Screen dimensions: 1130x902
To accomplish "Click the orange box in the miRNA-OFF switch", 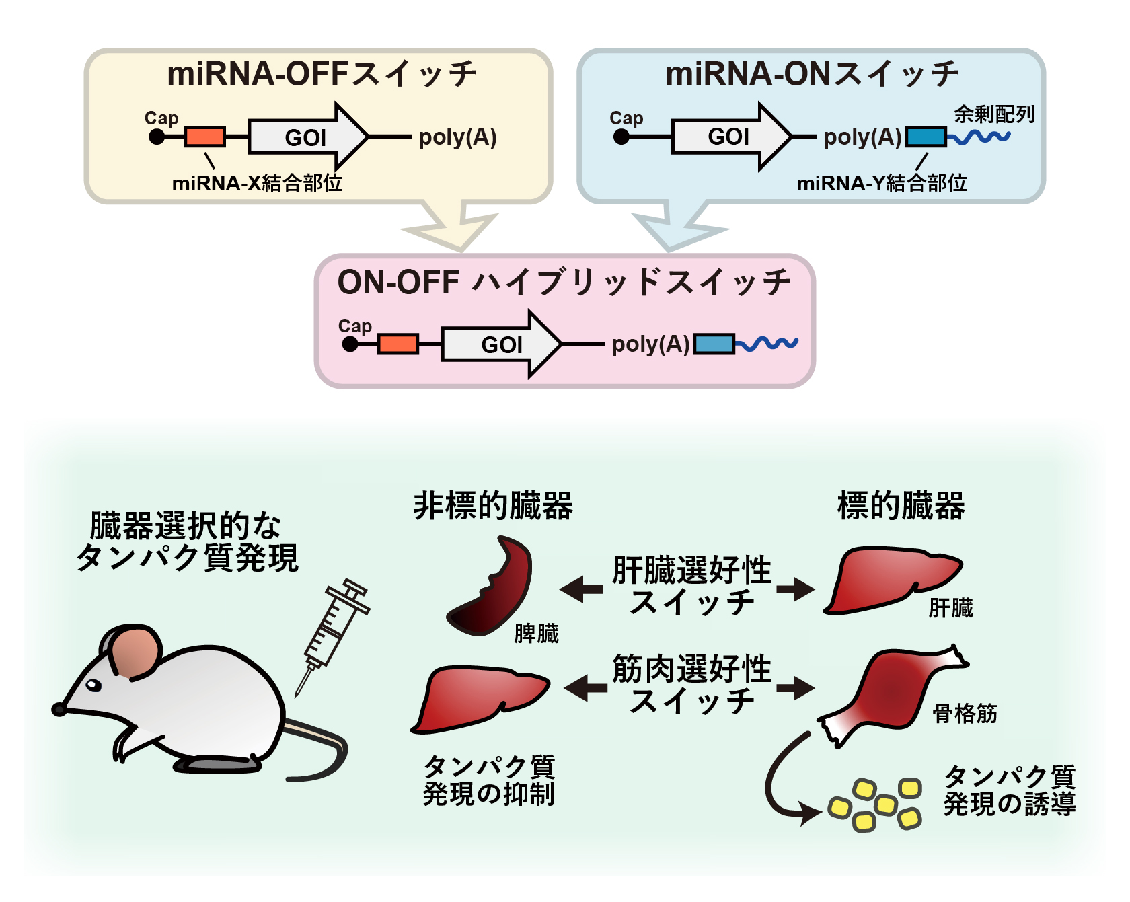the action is tap(204, 137).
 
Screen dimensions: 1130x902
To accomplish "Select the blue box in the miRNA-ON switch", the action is tap(926, 137).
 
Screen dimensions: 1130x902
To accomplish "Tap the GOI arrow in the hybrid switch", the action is tap(501, 344).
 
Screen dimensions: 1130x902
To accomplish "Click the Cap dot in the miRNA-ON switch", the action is tap(621, 137).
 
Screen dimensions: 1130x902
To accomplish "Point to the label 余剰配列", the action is tap(994, 114).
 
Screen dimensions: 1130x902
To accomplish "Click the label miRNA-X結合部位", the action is tap(257, 183).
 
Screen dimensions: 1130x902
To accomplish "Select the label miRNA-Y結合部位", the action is tap(882, 183).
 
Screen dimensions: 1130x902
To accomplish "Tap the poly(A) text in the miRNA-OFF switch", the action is tap(457, 137).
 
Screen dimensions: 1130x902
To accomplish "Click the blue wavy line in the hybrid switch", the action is tap(766, 344).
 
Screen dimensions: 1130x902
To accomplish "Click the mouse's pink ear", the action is tap(137, 652).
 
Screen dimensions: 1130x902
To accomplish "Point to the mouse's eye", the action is tap(93, 685).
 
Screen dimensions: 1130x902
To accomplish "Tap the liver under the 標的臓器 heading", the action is tap(893, 579).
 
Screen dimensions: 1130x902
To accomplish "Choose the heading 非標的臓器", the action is tap(493, 505).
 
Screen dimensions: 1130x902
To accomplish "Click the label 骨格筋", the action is tap(965, 713).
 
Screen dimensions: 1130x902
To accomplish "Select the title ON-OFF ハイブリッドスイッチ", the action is tap(564, 282).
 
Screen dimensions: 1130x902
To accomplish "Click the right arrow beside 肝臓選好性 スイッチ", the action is tap(796, 589).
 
